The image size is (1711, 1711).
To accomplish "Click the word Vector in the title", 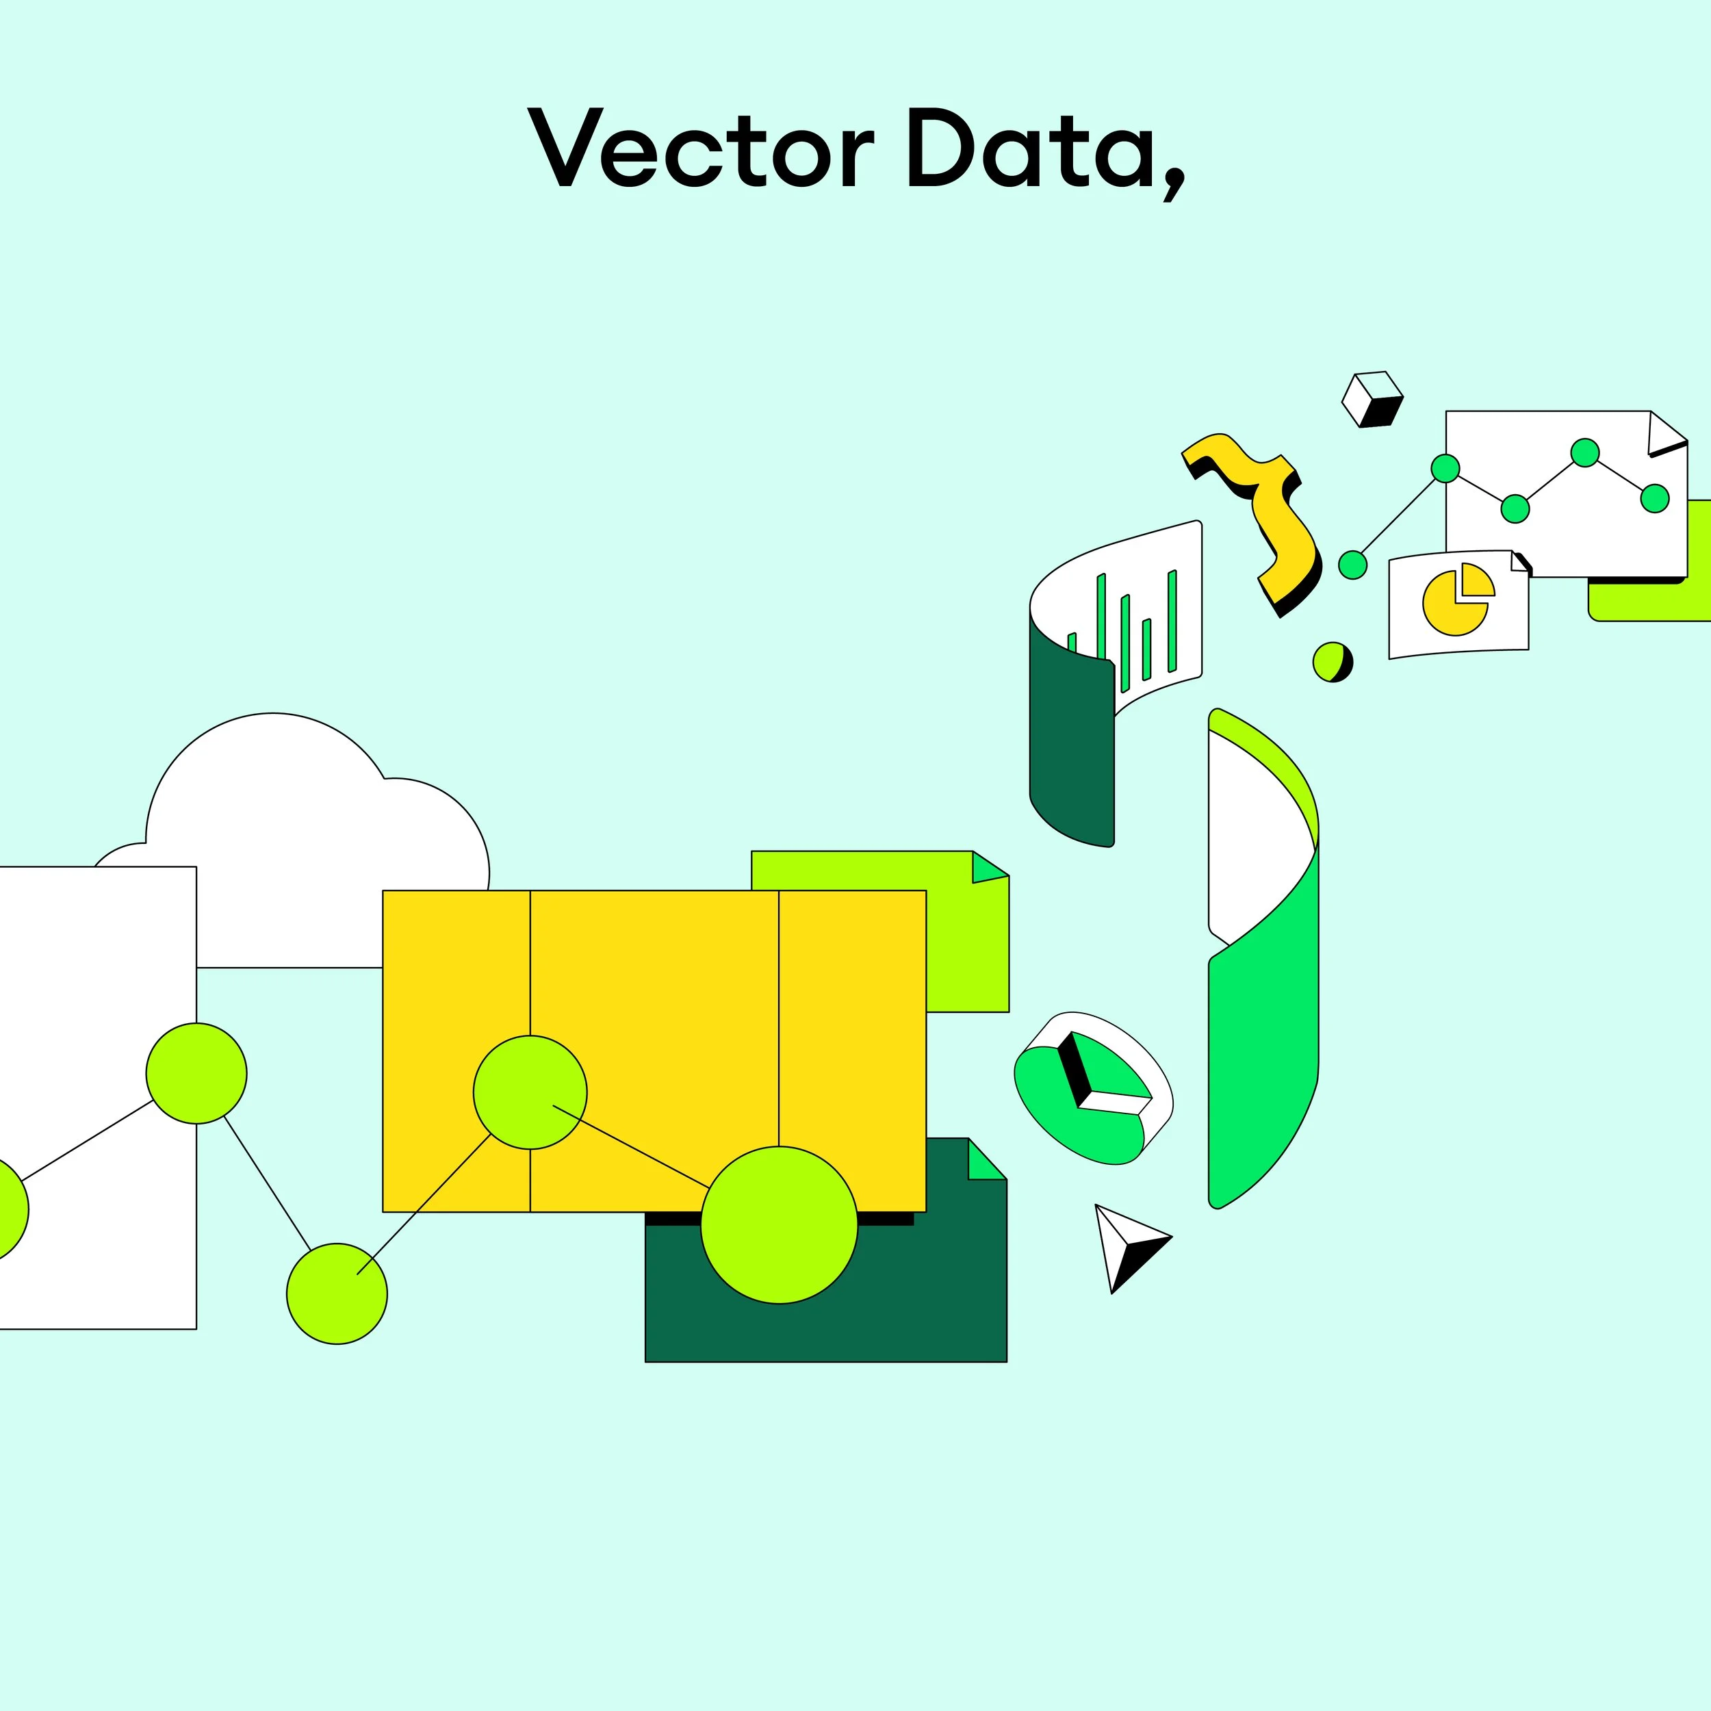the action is tap(699, 149).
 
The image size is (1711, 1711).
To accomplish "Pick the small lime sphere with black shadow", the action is tap(1332, 662).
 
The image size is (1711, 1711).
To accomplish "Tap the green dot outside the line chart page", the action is tap(1352, 564).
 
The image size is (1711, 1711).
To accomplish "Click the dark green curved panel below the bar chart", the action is tap(1070, 753).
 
